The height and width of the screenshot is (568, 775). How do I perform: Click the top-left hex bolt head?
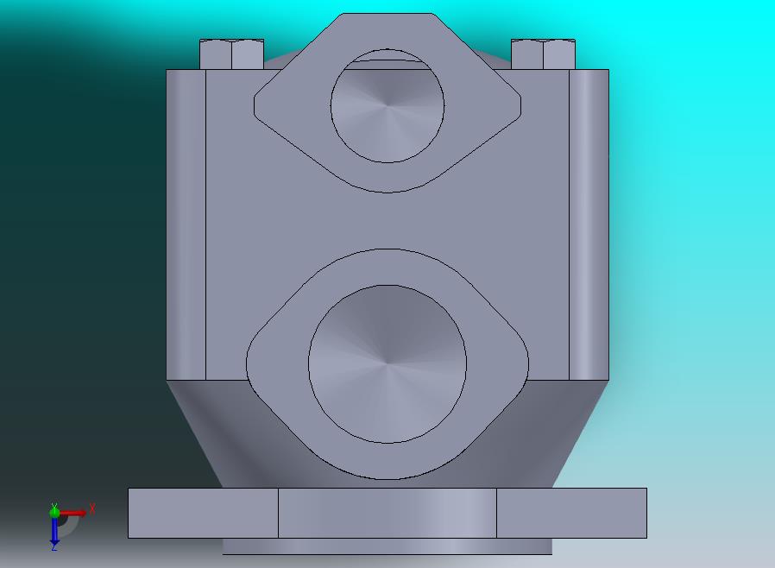point(231,54)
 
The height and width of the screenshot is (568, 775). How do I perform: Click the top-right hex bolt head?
point(543,54)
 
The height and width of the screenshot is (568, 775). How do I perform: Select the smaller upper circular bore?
point(387,105)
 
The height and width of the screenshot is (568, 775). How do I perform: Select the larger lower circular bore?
point(387,364)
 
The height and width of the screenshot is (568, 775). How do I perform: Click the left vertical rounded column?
point(186,224)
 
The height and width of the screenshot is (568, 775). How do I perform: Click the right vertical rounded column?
point(589,224)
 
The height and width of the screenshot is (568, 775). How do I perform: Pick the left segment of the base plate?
point(203,513)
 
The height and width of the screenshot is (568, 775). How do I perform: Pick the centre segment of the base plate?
point(387,513)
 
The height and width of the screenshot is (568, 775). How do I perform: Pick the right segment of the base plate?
point(571,513)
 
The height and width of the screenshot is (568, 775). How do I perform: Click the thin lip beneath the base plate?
point(387,546)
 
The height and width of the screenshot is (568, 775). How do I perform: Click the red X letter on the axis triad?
point(92,508)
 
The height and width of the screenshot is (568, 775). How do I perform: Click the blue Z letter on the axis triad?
point(54,546)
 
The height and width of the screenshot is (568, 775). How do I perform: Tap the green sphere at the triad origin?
point(54,513)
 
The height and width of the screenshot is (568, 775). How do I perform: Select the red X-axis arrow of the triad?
point(73,514)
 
